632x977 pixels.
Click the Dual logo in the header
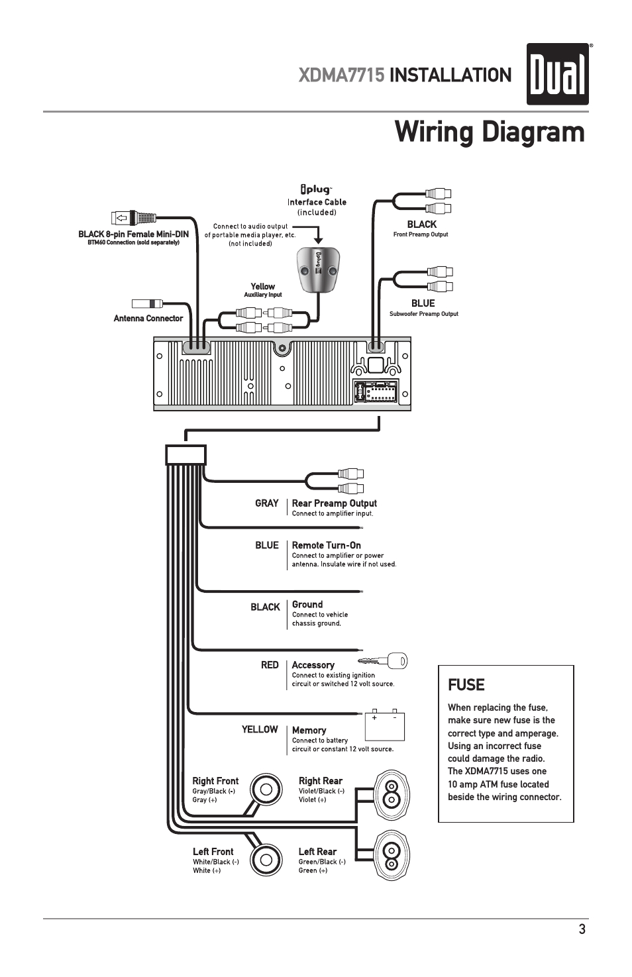point(557,74)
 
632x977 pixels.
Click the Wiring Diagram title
point(490,132)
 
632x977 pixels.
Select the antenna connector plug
point(147,304)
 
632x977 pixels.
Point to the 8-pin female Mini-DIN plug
point(134,217)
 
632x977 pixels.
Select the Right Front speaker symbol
point(266,790)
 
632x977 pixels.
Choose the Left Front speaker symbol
point(266,860)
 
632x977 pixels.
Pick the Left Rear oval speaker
point(392,856)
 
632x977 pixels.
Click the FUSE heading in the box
point(466,685)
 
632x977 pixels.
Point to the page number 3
point(582,929)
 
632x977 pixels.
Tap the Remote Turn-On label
point(326,546)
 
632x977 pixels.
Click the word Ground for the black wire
point(307,605)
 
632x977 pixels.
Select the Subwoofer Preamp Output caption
point(423,314)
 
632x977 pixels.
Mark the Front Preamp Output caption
point(421,234)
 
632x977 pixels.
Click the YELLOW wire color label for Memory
point(260,729)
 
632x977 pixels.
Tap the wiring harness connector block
point(186,455)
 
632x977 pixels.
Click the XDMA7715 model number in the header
point(341,76)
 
